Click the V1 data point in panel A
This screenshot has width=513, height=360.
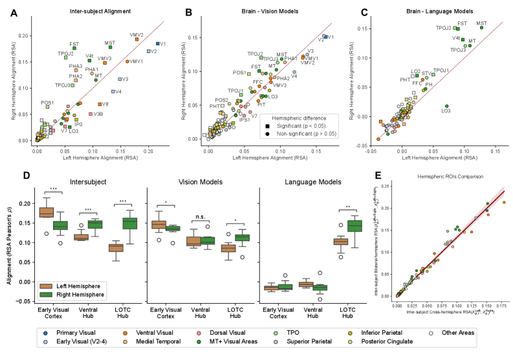pos(157,44)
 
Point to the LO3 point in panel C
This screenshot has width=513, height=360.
pos(446,106)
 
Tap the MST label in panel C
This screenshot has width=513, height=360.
pos(481,24)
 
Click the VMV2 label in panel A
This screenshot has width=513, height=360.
pos(136,34)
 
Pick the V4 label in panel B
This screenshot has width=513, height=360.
pos(294,76)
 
